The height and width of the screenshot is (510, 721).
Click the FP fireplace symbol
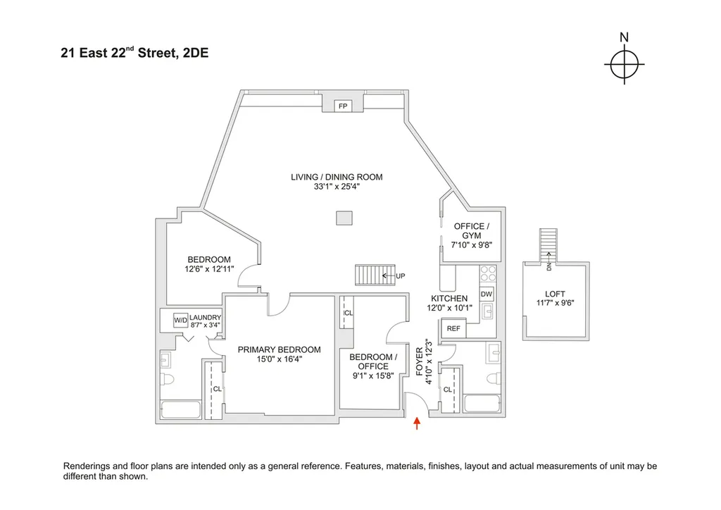click(x=343, y=106)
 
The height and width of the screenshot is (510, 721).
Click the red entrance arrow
click(x=417, y=423)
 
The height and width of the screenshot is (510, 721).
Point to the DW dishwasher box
click(x=487, y=294)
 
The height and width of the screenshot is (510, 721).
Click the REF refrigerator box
click(x=453, y=328)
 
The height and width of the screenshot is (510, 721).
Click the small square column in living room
click(x=344, y=219)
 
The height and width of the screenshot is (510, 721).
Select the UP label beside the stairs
click(x=401, y=275)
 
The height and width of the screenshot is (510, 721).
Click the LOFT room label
click(x=555, y=294)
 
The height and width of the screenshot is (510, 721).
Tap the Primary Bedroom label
click(x=279, y=349)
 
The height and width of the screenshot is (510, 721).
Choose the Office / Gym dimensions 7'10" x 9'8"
click(x=471, y=245)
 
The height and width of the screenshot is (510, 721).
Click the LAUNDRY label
click(x=206, y=318)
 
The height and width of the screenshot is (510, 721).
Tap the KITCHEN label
click(x=449, y=299)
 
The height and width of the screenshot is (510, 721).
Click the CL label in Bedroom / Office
click(x=349, y=313)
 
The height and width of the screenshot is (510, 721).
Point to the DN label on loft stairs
click(x=547, y=266)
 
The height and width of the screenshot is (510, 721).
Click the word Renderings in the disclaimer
click(x=88, y=466)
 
